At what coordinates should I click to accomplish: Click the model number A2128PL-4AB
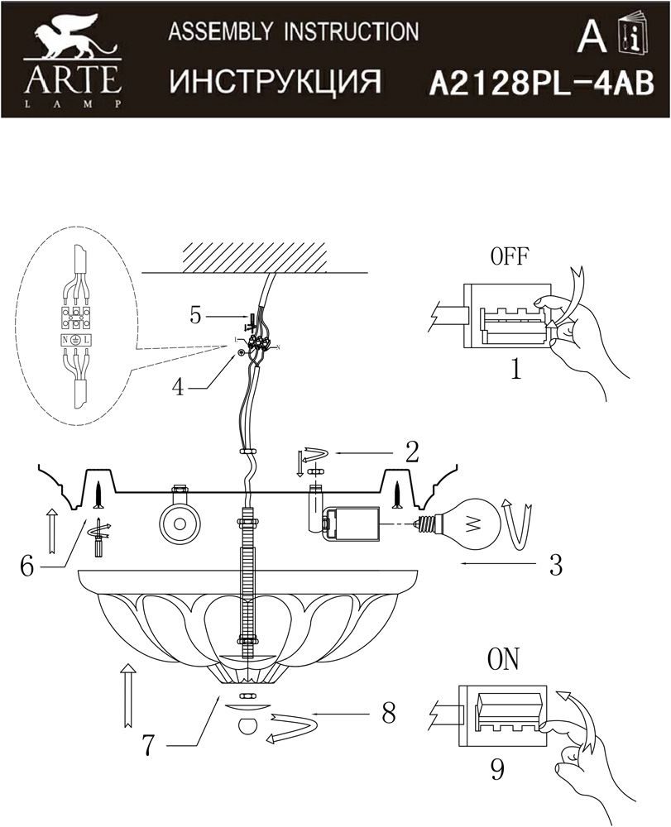click(x=542, y=84)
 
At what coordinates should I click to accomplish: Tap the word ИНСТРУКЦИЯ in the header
click(x=275, y=82)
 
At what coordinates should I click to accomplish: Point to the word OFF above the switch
click(x=509, y=256)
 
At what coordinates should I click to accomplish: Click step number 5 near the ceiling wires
click(x=196, y=316)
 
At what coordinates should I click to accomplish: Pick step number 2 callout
click(x=412, y=452)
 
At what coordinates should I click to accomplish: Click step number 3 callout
click(x=555, y=565)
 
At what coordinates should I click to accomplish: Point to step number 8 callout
click(x=389, y=714)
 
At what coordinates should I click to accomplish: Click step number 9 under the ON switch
click(x=497, y=769)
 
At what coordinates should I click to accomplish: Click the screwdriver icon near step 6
click(x=98, y=538)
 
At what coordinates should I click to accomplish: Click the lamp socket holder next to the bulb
click(x=352, y=523)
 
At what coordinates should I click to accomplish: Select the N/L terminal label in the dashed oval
click(x=74, y=341)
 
